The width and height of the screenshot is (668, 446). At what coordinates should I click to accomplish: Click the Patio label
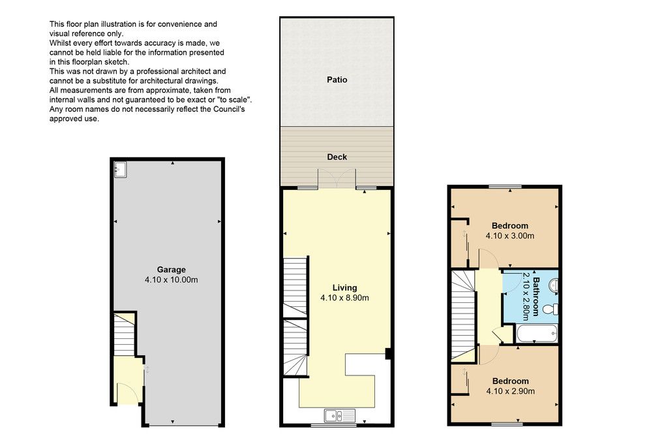[337, 80]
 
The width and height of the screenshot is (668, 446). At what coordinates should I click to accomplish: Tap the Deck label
[337, 157]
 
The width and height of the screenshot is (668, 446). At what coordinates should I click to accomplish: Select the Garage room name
[172, 270]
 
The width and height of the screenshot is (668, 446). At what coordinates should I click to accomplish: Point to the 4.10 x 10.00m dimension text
[172, 279]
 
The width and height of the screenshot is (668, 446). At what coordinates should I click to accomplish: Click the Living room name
[344, 288]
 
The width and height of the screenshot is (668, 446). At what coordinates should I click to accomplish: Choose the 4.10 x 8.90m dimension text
[344, 298]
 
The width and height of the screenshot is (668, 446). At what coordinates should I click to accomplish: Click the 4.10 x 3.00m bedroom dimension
[510, 236]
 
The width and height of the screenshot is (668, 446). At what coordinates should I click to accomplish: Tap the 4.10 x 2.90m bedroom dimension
[510, 391]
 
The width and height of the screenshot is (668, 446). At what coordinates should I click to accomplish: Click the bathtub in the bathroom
[537, 334]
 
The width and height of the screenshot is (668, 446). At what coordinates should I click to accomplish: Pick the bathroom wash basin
[554, 285]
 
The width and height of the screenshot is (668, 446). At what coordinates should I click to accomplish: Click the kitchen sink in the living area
[339, 415]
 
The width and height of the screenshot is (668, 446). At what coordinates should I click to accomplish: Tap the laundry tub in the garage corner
[120, 169]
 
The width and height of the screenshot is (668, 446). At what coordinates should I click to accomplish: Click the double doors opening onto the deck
[337, 178]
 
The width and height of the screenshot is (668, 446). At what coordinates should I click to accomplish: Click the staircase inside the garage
[125, 334]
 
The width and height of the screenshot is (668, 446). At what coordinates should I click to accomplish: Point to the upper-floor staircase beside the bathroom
[463, 316]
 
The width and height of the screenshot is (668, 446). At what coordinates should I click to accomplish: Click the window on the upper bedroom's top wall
[506, 187]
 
